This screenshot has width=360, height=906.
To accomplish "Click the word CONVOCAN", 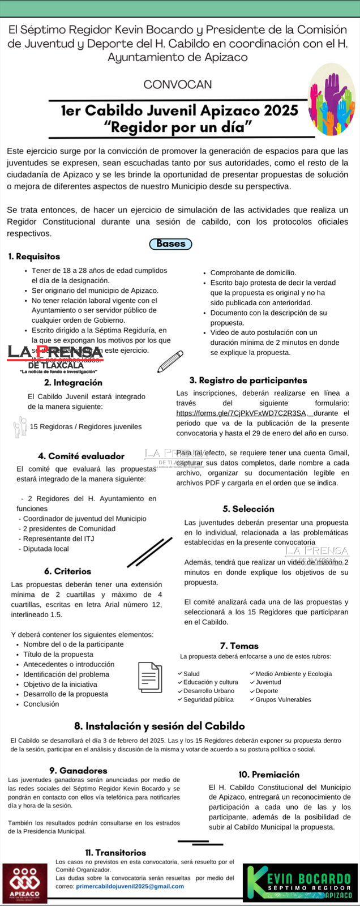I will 178,84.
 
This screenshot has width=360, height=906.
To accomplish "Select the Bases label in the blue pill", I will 170,244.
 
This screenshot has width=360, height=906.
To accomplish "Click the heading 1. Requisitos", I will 34,257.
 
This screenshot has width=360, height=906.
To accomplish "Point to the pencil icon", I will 170,361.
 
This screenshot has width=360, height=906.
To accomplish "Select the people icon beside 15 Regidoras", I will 20,426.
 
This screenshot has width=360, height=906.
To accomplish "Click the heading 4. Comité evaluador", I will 81,456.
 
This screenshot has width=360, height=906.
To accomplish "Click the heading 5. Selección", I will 248,509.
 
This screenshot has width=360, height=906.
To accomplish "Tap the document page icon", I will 150,677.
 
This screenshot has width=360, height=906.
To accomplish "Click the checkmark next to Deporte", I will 252,691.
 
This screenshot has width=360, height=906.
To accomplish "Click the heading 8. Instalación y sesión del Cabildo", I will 160,726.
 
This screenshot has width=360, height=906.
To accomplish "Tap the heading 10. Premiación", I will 269,775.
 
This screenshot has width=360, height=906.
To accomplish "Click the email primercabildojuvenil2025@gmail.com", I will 130,886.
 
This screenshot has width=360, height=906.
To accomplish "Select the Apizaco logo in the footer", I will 24,883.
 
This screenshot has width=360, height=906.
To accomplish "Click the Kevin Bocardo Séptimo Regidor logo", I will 301,882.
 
